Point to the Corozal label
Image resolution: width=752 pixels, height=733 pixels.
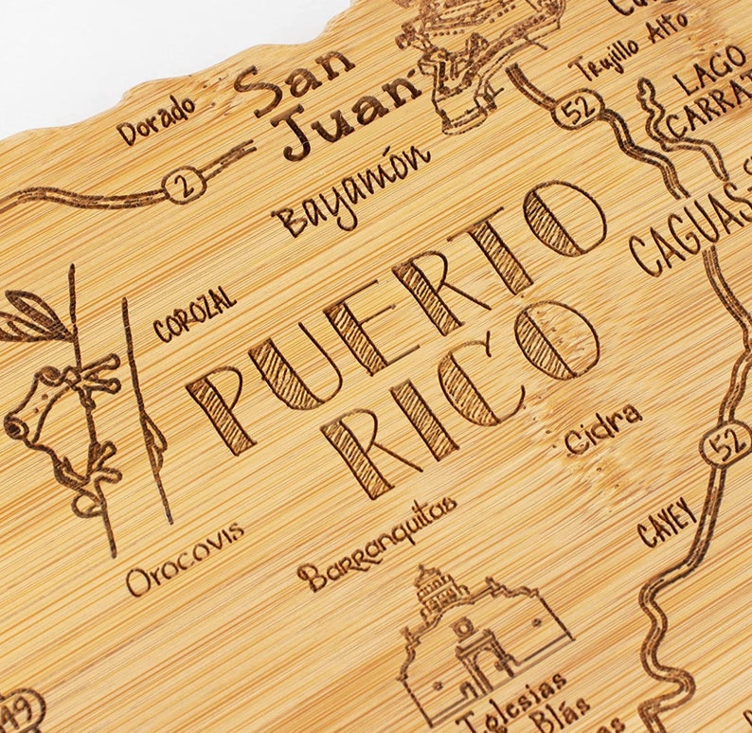[x=194, y=314]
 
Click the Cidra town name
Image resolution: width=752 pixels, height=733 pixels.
[x=602, y=430]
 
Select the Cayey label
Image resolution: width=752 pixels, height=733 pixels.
[x=667, y=522]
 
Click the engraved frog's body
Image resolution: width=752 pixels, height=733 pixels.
[x=57, y=417]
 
